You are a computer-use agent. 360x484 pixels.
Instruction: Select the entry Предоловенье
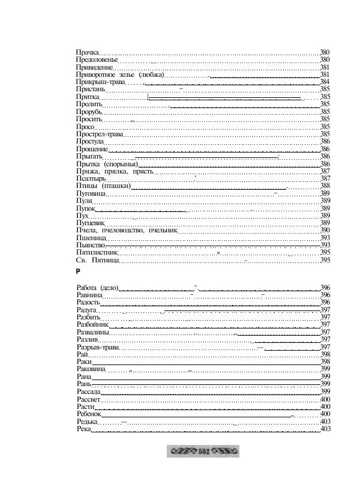click(97, 60)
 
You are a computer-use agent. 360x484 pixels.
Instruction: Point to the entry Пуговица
click(91, 193)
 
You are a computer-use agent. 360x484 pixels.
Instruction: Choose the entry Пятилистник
click(97, 253)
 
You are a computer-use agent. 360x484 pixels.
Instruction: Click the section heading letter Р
click(79, 272)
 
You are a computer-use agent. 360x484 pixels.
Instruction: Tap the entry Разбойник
click(92, 324)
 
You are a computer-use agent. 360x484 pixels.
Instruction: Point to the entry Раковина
click(91, 369)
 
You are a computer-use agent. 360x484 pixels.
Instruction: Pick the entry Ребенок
click(89, 414)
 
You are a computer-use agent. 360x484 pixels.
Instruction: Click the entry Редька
click(87, 422)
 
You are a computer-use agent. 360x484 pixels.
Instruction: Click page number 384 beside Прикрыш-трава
click(325, 82)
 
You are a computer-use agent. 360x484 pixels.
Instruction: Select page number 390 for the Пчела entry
click(325, 230)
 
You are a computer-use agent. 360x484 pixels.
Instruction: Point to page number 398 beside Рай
click(325, 354)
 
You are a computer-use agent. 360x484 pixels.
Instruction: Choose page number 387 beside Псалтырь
click(325, 178)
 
